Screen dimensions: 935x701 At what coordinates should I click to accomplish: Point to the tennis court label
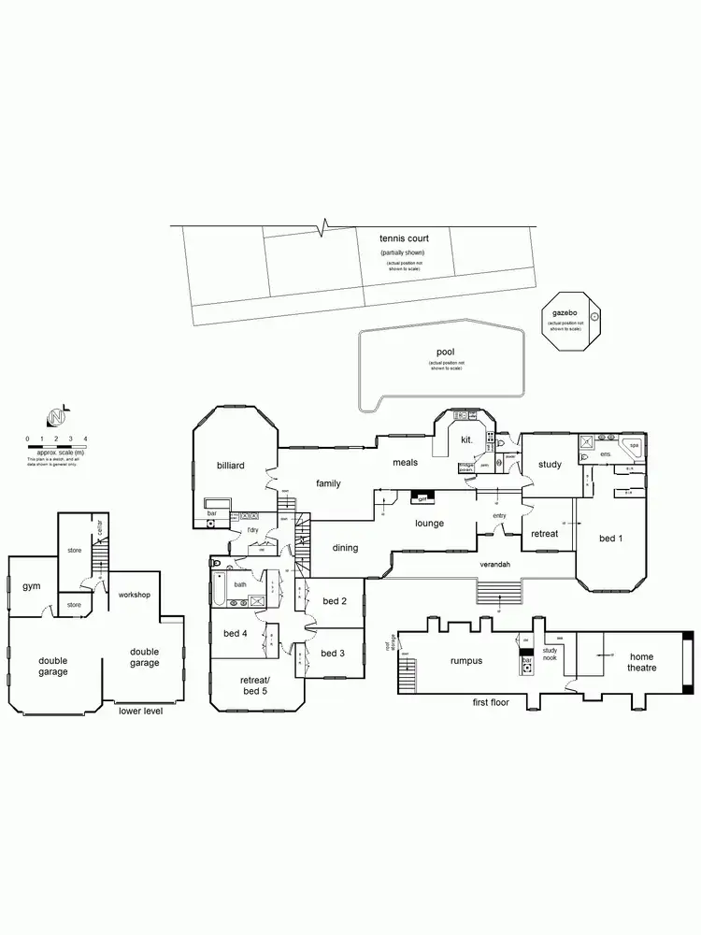tap(405, 239)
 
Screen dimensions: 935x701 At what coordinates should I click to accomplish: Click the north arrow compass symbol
tap(58, 416)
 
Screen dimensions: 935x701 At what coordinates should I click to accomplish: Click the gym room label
tap(30, 586)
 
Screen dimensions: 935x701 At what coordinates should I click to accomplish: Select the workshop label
tap(135, 595)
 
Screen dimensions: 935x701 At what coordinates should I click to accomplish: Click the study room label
tap(550, 464)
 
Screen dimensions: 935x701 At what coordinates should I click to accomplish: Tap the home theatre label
tap(641, 662)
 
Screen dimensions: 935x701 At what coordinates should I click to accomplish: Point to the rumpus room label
tap(465, 661)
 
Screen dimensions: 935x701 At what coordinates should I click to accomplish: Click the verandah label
tap(495, 567)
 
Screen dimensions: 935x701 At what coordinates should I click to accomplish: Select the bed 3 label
tap(334, 653)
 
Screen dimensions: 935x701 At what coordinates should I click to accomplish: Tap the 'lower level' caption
tap(141, 711)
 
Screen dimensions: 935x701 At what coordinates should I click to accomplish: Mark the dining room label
tap(345, 548)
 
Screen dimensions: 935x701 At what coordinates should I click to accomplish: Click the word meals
tap(405, 462)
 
